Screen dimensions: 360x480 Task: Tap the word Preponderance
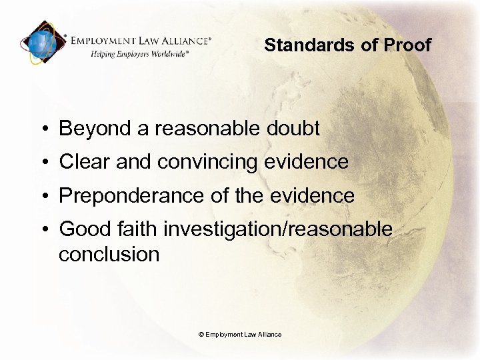tap(129, 196)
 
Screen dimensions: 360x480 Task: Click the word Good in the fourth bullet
tap(81, 229)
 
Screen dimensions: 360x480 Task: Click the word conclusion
tap(109, 254)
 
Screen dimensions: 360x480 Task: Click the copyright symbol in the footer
tap(201, 334)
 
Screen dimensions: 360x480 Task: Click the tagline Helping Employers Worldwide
tap(140, 53)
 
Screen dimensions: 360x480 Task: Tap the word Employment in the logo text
tap(107, 41)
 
